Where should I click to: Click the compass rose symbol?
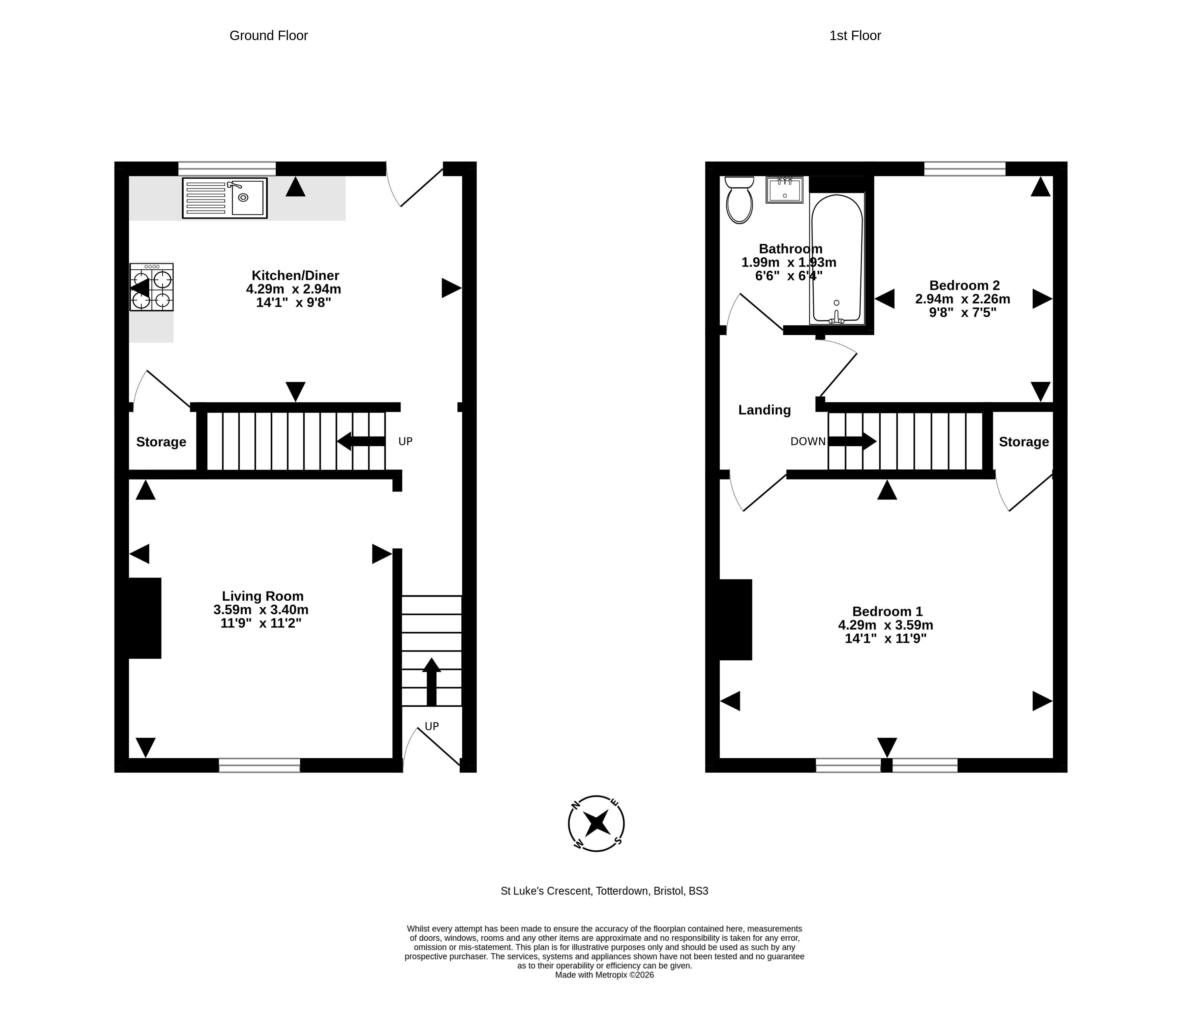point(597,823)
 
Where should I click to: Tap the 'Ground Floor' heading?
point(269,36)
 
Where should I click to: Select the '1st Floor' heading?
point(855,36)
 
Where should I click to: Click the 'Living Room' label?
point(263,596)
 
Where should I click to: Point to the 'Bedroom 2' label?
point(964,285)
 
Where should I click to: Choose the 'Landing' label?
point(764,410)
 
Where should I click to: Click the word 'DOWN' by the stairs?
point(808,441)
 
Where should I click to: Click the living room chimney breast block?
point(145,618)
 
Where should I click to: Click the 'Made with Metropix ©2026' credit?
point(604,974)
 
